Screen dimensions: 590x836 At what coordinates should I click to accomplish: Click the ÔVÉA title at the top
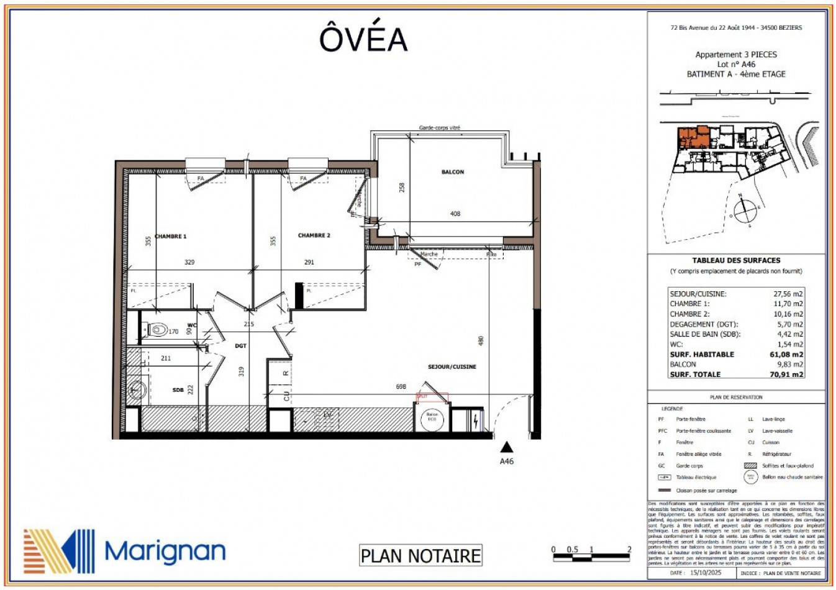tap(363, 39)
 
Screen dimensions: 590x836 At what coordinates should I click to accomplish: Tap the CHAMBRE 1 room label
tap(171, 237)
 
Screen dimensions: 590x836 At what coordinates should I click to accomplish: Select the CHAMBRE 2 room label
tap(314, 236)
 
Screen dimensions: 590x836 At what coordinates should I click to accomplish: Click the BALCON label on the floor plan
tap(452, 172)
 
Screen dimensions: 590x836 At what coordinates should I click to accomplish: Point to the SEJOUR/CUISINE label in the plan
tap(452, 367)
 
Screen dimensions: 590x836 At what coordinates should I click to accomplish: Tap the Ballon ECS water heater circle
tap(432, 417)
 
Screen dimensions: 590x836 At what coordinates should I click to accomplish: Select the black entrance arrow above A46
tap(507, 447)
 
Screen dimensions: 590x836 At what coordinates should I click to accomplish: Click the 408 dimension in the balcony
tap(455, 214)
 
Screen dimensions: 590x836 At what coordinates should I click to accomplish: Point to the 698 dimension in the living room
tap(401, 387)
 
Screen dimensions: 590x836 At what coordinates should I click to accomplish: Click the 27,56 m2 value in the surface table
tap(788, 294)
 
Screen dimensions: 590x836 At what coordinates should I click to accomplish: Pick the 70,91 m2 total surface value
tap(786, 374)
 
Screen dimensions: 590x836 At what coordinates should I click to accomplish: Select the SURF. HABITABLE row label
tap(702, 355)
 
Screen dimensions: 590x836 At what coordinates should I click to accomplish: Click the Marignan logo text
tap(165, 551)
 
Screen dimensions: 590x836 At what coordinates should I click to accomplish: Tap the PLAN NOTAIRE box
tap(420, 555)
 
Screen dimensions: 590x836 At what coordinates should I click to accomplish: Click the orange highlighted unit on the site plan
tap(693, 137)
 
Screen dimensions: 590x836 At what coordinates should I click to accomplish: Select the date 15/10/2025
tap(706, 573)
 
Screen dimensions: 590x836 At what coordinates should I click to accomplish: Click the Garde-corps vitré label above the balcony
tap(440, 128)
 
